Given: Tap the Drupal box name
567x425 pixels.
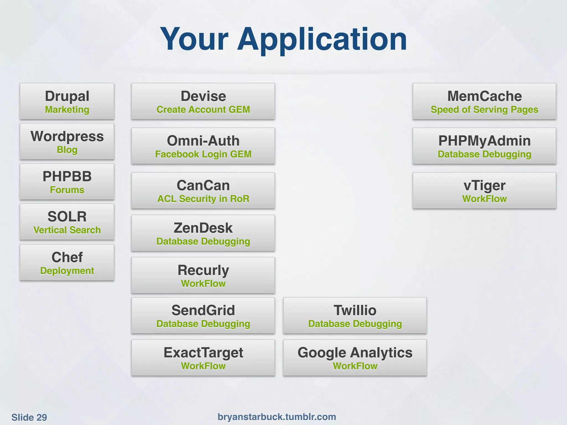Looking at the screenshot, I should click(x=67, y=96).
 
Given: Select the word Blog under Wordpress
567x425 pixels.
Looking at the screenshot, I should click(x=67, y=150).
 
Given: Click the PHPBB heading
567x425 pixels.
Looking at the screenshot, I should click(x=67, y=176).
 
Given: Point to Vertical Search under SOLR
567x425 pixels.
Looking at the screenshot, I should click(x=67, y=230).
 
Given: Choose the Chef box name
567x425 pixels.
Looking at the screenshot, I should click(x=67, y=257).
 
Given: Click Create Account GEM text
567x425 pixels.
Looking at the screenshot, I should click(x=203, y=110).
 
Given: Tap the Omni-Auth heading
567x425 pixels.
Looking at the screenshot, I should click(x=203, y=141).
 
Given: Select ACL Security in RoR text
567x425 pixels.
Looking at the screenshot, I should click(x=203, y=199).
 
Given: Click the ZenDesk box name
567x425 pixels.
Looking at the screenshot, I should click(x=203, y=228).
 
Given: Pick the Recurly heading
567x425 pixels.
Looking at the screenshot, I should click(x=203, y=270).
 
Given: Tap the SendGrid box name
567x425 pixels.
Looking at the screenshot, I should click(x=203, y=310).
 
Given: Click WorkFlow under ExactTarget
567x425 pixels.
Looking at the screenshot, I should click(x=203, y=366).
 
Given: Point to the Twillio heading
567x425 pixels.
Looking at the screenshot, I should click(x=355, y=310).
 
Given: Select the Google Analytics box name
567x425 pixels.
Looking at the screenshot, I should click(x=355, y=353).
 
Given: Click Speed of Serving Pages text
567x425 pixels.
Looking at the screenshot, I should click(x=484, y=110).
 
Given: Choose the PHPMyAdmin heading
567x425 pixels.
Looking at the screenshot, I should click(x=484, y=141).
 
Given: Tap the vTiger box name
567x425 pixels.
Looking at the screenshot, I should click(x=484, y=185).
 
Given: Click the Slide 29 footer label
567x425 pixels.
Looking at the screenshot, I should click(x=29, y=417).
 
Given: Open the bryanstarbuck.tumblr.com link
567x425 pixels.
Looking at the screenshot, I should click(x=277, y=417).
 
